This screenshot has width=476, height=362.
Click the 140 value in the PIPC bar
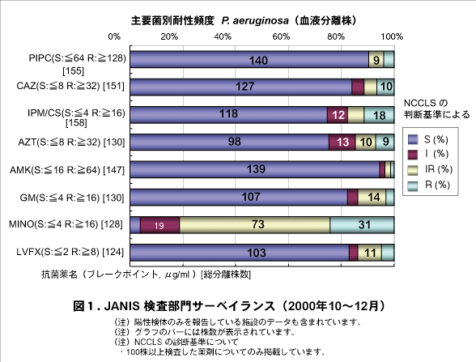tap(258, 61)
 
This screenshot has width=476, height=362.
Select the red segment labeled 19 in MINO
tap(160, 225)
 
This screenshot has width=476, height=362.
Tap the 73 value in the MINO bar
tap(255, 225)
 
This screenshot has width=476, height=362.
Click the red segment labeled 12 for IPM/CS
tap(339, 115)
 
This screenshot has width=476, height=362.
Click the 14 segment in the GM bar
tap(372, 197)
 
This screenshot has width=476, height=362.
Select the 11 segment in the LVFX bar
tap(370, 253)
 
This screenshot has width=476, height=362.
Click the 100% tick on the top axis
tap(393, 37)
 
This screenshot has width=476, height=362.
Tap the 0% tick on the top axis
tap(114, 37)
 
